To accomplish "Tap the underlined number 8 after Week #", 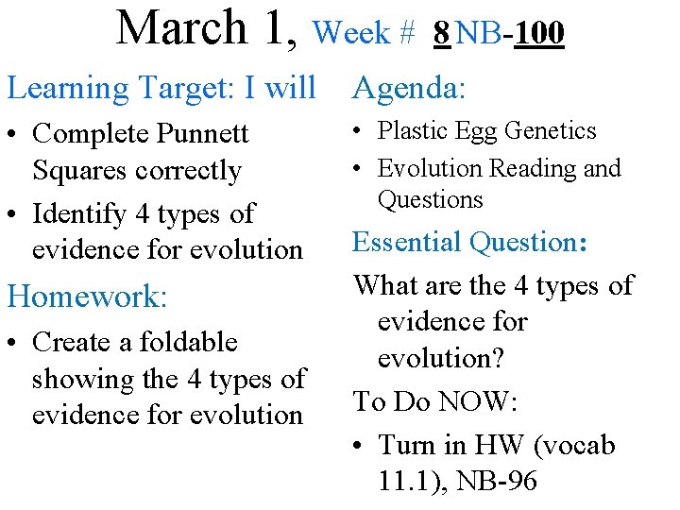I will tap(441, 34).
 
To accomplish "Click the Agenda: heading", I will tap(409, 88).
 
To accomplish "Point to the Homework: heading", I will tap(88, 297).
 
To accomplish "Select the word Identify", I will tap(79, 213).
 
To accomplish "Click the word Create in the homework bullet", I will tap(74, 342).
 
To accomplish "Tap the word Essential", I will tap(408, 242).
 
